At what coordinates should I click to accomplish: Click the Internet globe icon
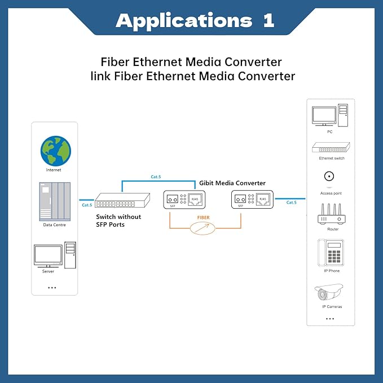click(x=55, y=151)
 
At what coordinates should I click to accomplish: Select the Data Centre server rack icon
click(x=54, y=202)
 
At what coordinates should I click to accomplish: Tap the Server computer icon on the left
click(x=54, y=256)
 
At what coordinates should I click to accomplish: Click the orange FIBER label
click(x=204, y=217)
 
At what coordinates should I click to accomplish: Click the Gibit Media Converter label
click(x=232, y=183)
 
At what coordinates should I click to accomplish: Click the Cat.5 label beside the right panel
click(x=291, y=202)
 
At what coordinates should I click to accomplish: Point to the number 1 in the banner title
click(x=267, y=21)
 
